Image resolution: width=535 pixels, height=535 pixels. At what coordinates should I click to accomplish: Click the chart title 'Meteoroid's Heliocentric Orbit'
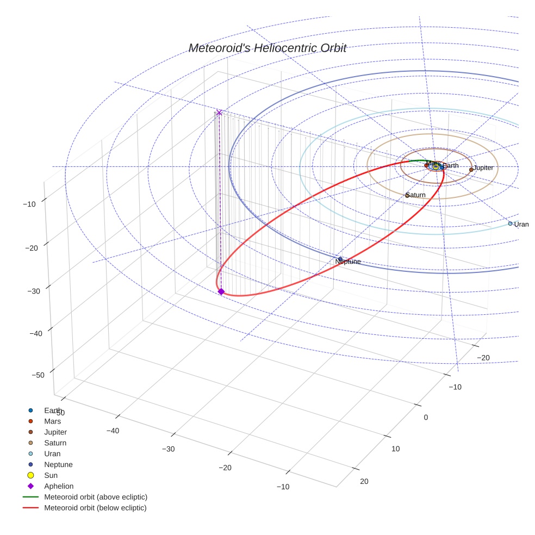(x=267, y=48)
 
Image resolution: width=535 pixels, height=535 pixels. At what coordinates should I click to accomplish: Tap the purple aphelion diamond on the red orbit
(x=221, y=292)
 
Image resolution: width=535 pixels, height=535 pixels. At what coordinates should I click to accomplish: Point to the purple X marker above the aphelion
(x=219, y=113)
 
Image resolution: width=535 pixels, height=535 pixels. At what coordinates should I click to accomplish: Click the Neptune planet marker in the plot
(x=340, y=259)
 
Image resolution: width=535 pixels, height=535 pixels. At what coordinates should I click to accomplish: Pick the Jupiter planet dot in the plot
(x=471, y=170)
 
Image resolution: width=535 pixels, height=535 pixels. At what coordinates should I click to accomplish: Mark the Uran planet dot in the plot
(x=511, y=223)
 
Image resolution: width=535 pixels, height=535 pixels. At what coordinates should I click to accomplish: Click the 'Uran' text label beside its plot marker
(x=521, y=225)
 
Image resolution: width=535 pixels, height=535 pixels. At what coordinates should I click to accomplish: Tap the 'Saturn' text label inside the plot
(x=416, y=195)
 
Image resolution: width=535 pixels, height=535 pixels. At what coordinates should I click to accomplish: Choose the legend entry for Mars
(x=52, y=421)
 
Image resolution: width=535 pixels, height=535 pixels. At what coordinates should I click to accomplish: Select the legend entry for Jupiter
(x=55, y=432)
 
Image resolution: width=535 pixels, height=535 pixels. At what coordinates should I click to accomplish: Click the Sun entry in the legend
(x=51, y=476)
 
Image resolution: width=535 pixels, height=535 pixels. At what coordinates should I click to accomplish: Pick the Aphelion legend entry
(x=59, y=487)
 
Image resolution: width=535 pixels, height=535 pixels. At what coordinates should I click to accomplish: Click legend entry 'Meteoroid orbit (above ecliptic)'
(x=95, y=497)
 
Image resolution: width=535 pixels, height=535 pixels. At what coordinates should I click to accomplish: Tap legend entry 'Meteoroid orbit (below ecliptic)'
(x=95, y=508)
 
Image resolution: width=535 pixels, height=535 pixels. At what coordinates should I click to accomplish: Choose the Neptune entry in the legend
(x=58, y=465)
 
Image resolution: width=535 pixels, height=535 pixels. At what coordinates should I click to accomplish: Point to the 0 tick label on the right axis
(x=426, y=418)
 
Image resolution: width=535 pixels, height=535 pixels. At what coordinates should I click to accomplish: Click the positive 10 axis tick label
(x=395, y=449)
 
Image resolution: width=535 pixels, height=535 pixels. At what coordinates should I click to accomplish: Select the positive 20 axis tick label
(x=364, y=481)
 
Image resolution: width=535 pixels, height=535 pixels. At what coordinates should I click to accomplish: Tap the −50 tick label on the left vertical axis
(x=38, y=375)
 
